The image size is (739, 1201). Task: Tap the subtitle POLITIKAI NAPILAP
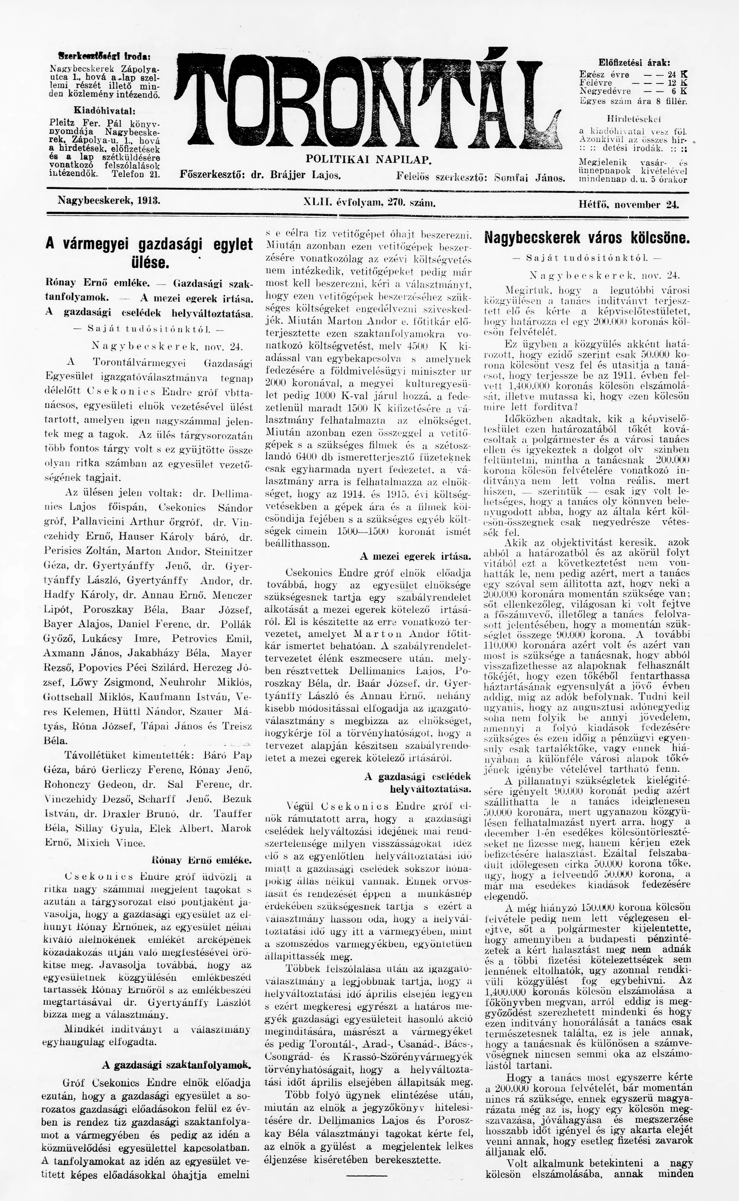point(369,159)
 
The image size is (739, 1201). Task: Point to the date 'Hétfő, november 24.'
point(629,204)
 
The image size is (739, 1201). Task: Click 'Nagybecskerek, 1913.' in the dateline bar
point(109,200)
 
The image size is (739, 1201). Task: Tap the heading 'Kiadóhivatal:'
point(104,110)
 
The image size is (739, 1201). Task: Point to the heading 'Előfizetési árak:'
point(634,62)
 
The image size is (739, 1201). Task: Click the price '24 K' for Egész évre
point(678,75)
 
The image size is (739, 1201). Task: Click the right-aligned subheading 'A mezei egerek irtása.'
point(415,556)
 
